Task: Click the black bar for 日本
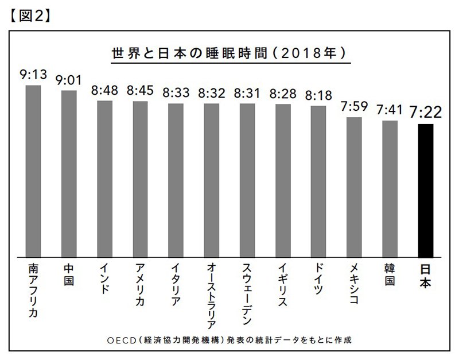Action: click(x=425, y=190)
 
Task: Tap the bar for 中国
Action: click(x=69, y=173)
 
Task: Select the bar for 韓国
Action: click(x=390, y=189)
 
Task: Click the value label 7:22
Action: click(x=425, y=112)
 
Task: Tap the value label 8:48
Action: click(x=104, y=91)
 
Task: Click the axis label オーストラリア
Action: click(x=212, y=293)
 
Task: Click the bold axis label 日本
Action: click(x=425, y=276)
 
